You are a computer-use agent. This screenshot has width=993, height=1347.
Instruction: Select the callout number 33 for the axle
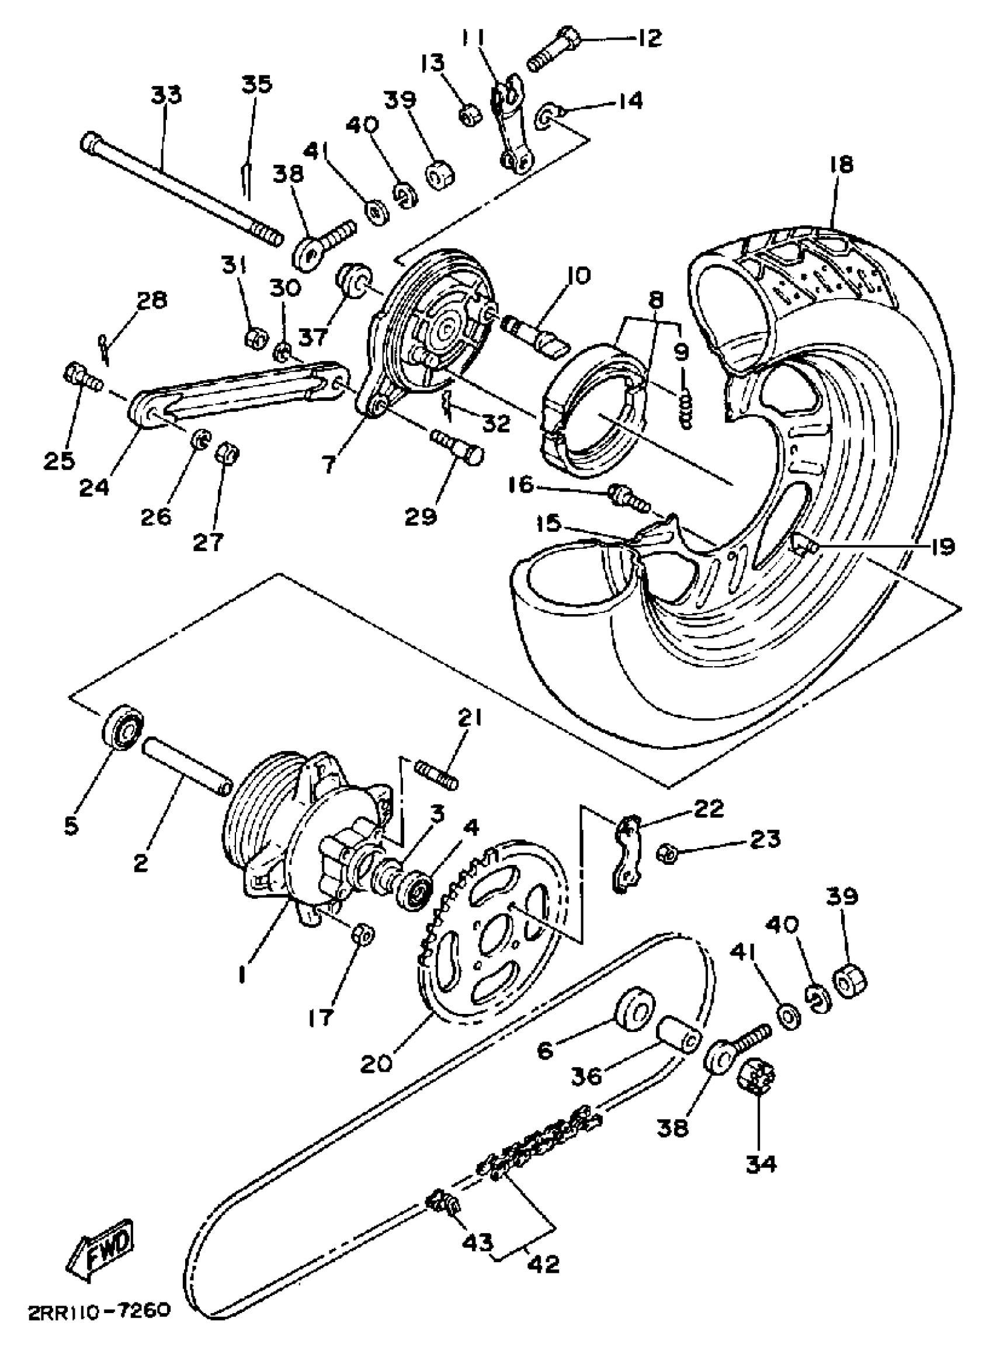coord(166,95)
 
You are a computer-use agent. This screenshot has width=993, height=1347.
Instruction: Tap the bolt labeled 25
coord(82,378)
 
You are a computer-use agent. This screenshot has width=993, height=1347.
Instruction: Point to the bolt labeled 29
coord(457,449)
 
